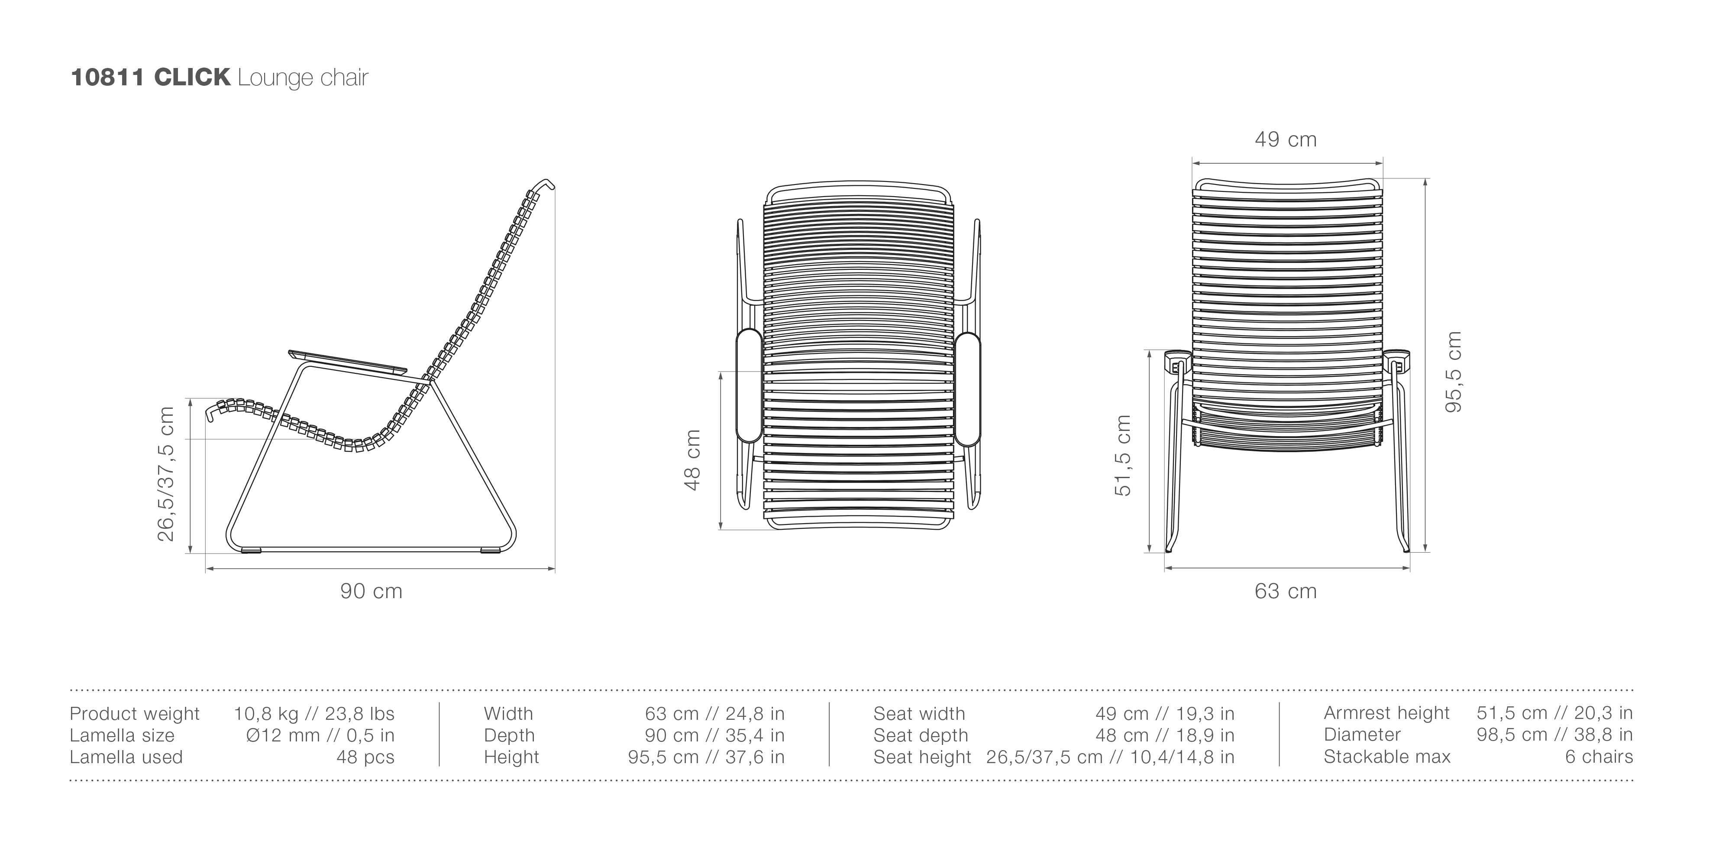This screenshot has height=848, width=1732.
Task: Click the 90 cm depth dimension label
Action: point(371,591)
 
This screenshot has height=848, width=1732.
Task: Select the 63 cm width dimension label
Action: point(1286,591)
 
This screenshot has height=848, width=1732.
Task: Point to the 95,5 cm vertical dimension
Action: point(1454,372)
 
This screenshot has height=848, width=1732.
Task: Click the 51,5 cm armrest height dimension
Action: point(1123,455)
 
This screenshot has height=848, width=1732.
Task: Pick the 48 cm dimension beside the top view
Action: point(692,460)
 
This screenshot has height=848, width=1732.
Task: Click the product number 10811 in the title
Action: point(107,78)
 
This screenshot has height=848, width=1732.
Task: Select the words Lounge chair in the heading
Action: point(303,78)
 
